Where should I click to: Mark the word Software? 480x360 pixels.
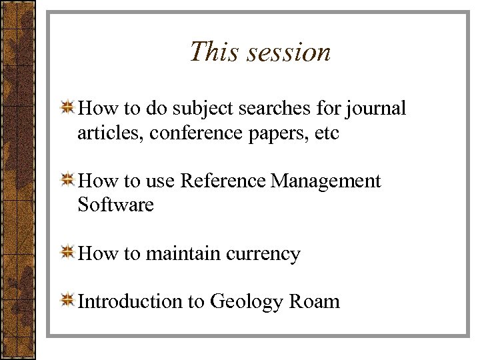[115, 204]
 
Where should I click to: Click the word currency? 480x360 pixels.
[263, 255]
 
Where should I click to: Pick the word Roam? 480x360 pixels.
[315, 301]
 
